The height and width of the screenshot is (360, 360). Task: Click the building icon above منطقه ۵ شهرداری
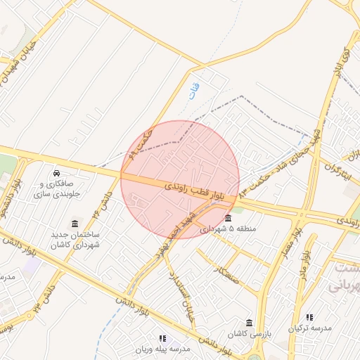[x=228, y=217]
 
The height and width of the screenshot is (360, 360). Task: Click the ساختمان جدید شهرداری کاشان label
[x=75, y=239]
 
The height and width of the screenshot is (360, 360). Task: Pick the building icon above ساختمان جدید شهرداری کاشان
[x=75, y=223]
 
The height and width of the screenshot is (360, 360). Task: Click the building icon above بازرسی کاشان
[x=249, y=323]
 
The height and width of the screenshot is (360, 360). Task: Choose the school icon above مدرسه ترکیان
[x=309, y=317]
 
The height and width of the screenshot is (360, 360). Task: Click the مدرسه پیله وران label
[x=163, y=349]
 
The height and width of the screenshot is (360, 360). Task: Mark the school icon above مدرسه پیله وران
[x=163, y=338]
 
